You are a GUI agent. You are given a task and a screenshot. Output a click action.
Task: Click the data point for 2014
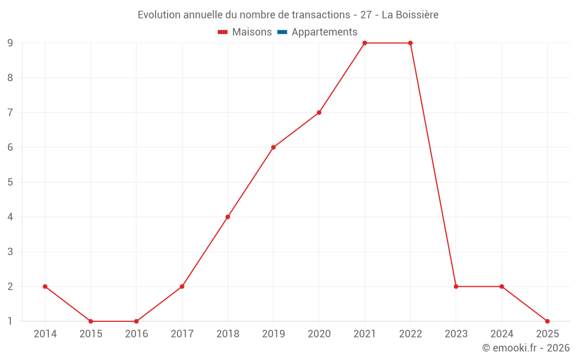(x=45, y=286)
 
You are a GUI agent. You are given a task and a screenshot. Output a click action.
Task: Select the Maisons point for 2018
(x=228, y=217)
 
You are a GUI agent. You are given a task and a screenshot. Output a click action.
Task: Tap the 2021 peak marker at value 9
(x=365, y=43)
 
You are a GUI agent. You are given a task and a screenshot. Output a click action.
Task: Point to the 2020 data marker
(x=319, y=112)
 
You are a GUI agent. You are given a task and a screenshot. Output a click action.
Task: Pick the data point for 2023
(x=456, y=286)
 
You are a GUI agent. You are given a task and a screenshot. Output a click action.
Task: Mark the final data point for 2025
(x=547, y=321)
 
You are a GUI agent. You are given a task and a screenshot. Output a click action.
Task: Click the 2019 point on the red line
(x=274, y=147)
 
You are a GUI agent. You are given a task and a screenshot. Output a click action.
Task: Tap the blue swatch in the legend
(x=282, y=32)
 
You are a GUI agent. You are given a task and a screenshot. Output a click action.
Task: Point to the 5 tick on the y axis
(x=10, y=182)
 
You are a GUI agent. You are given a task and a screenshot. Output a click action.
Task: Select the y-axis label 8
(x=10, y=78)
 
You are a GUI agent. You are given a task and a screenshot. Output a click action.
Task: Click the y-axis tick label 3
(x=10, y=252)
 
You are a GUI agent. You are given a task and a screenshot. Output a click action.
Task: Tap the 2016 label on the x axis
(x=137, y=334)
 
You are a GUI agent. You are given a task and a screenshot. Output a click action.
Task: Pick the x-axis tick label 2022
(x=410, y=334)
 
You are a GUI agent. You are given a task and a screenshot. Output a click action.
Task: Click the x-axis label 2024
(x=502, y=334)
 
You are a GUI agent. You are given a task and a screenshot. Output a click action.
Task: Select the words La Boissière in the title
(x=410, y=15)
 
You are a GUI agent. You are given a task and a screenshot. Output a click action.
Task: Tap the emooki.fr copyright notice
(x=525, y=348)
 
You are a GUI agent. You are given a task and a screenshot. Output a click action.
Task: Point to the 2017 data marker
(x=182, y=286)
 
